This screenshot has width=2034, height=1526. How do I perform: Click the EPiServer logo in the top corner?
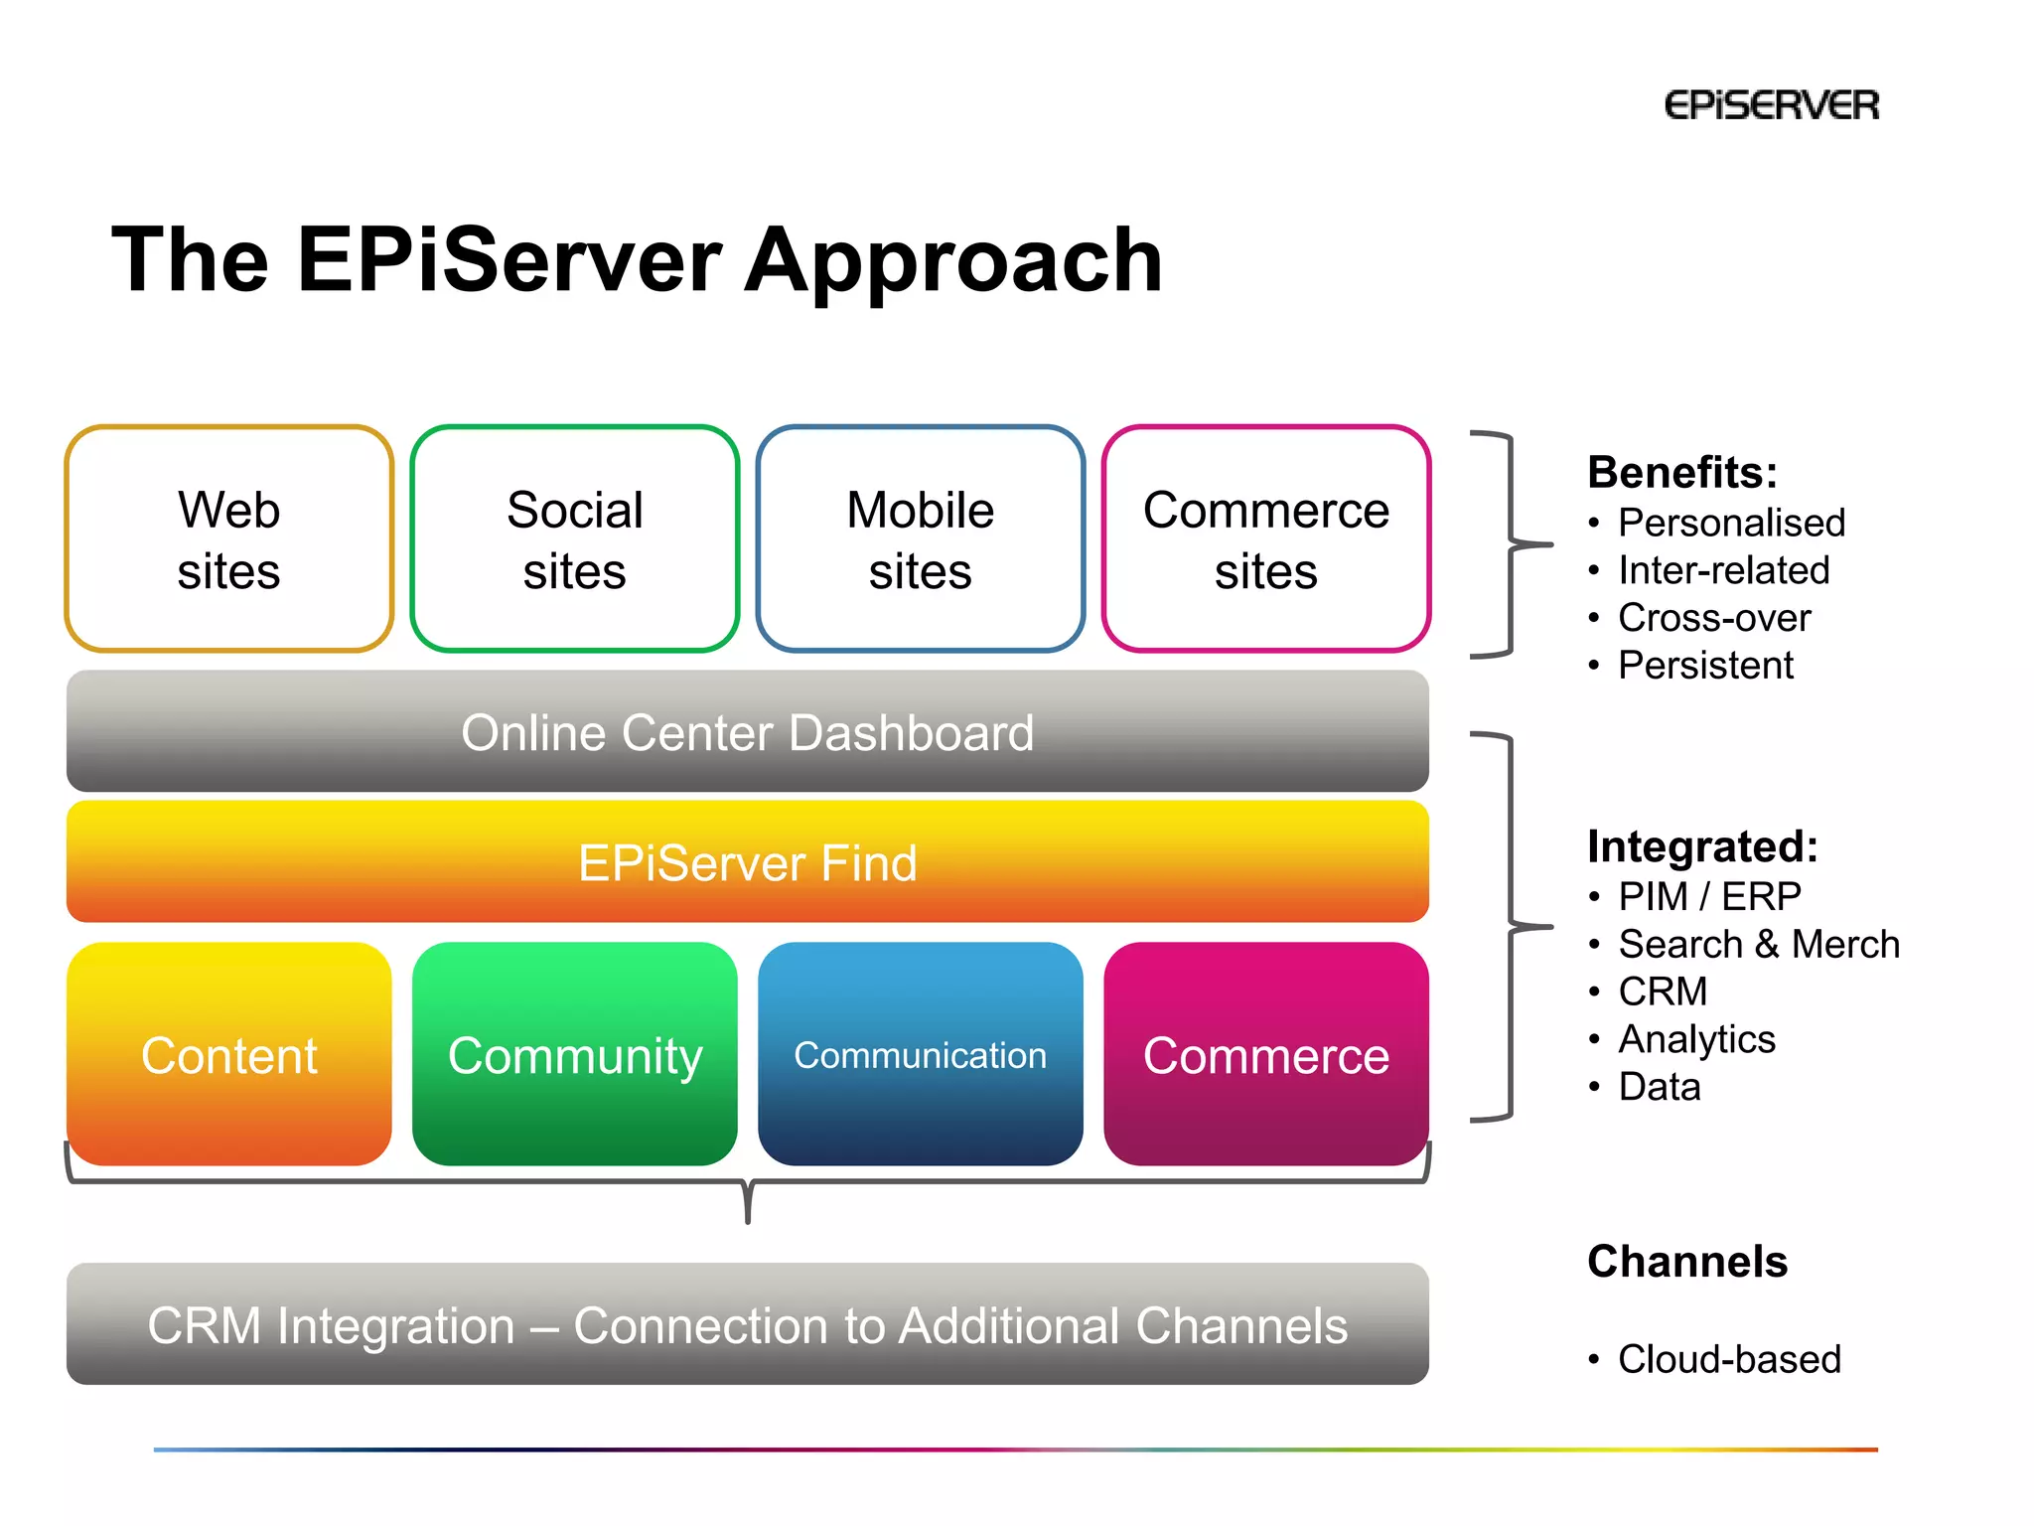(1771, 105)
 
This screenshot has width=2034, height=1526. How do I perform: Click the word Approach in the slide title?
(952, 260)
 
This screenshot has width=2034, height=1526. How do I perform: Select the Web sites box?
(229, 539)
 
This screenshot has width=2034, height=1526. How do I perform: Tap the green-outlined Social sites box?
(574, 539)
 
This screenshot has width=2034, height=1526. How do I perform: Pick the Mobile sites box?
(920, 539)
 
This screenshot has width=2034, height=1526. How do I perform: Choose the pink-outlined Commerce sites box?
(1265, 539)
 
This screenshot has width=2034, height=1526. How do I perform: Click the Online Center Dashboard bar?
(747, 732)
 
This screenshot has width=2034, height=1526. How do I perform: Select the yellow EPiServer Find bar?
(747, 862)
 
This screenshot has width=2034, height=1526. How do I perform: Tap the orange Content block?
(229, 1054)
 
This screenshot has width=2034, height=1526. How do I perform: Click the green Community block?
(574, 1054)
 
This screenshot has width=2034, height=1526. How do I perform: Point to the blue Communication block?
(920, 1054)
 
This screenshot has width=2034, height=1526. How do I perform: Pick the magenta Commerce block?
(1265, 1054)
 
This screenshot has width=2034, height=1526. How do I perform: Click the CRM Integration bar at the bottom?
(747, 1324)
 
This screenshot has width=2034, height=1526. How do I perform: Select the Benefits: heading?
(1681, 472)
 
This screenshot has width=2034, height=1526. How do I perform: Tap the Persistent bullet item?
(1704, 665)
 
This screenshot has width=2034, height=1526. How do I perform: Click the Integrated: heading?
(1702, 846)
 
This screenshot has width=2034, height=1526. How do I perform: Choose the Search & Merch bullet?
(1758, 944)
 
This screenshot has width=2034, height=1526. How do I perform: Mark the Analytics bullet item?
(1696, 1039)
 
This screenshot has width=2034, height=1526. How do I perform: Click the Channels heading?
(1686, 1262)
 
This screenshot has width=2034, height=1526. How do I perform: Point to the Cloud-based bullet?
(1728, 1359)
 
